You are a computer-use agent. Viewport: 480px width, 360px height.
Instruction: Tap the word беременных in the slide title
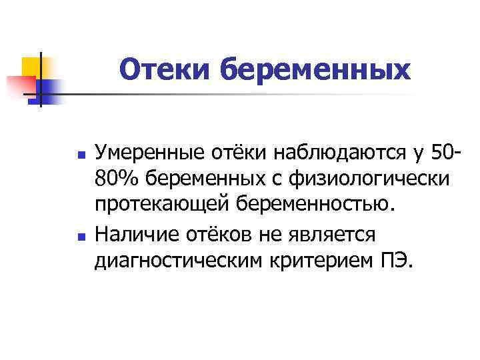316,69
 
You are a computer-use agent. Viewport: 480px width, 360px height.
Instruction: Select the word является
329,233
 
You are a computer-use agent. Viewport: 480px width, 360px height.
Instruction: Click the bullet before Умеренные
81,155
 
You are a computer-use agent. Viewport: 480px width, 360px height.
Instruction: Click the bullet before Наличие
81,234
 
